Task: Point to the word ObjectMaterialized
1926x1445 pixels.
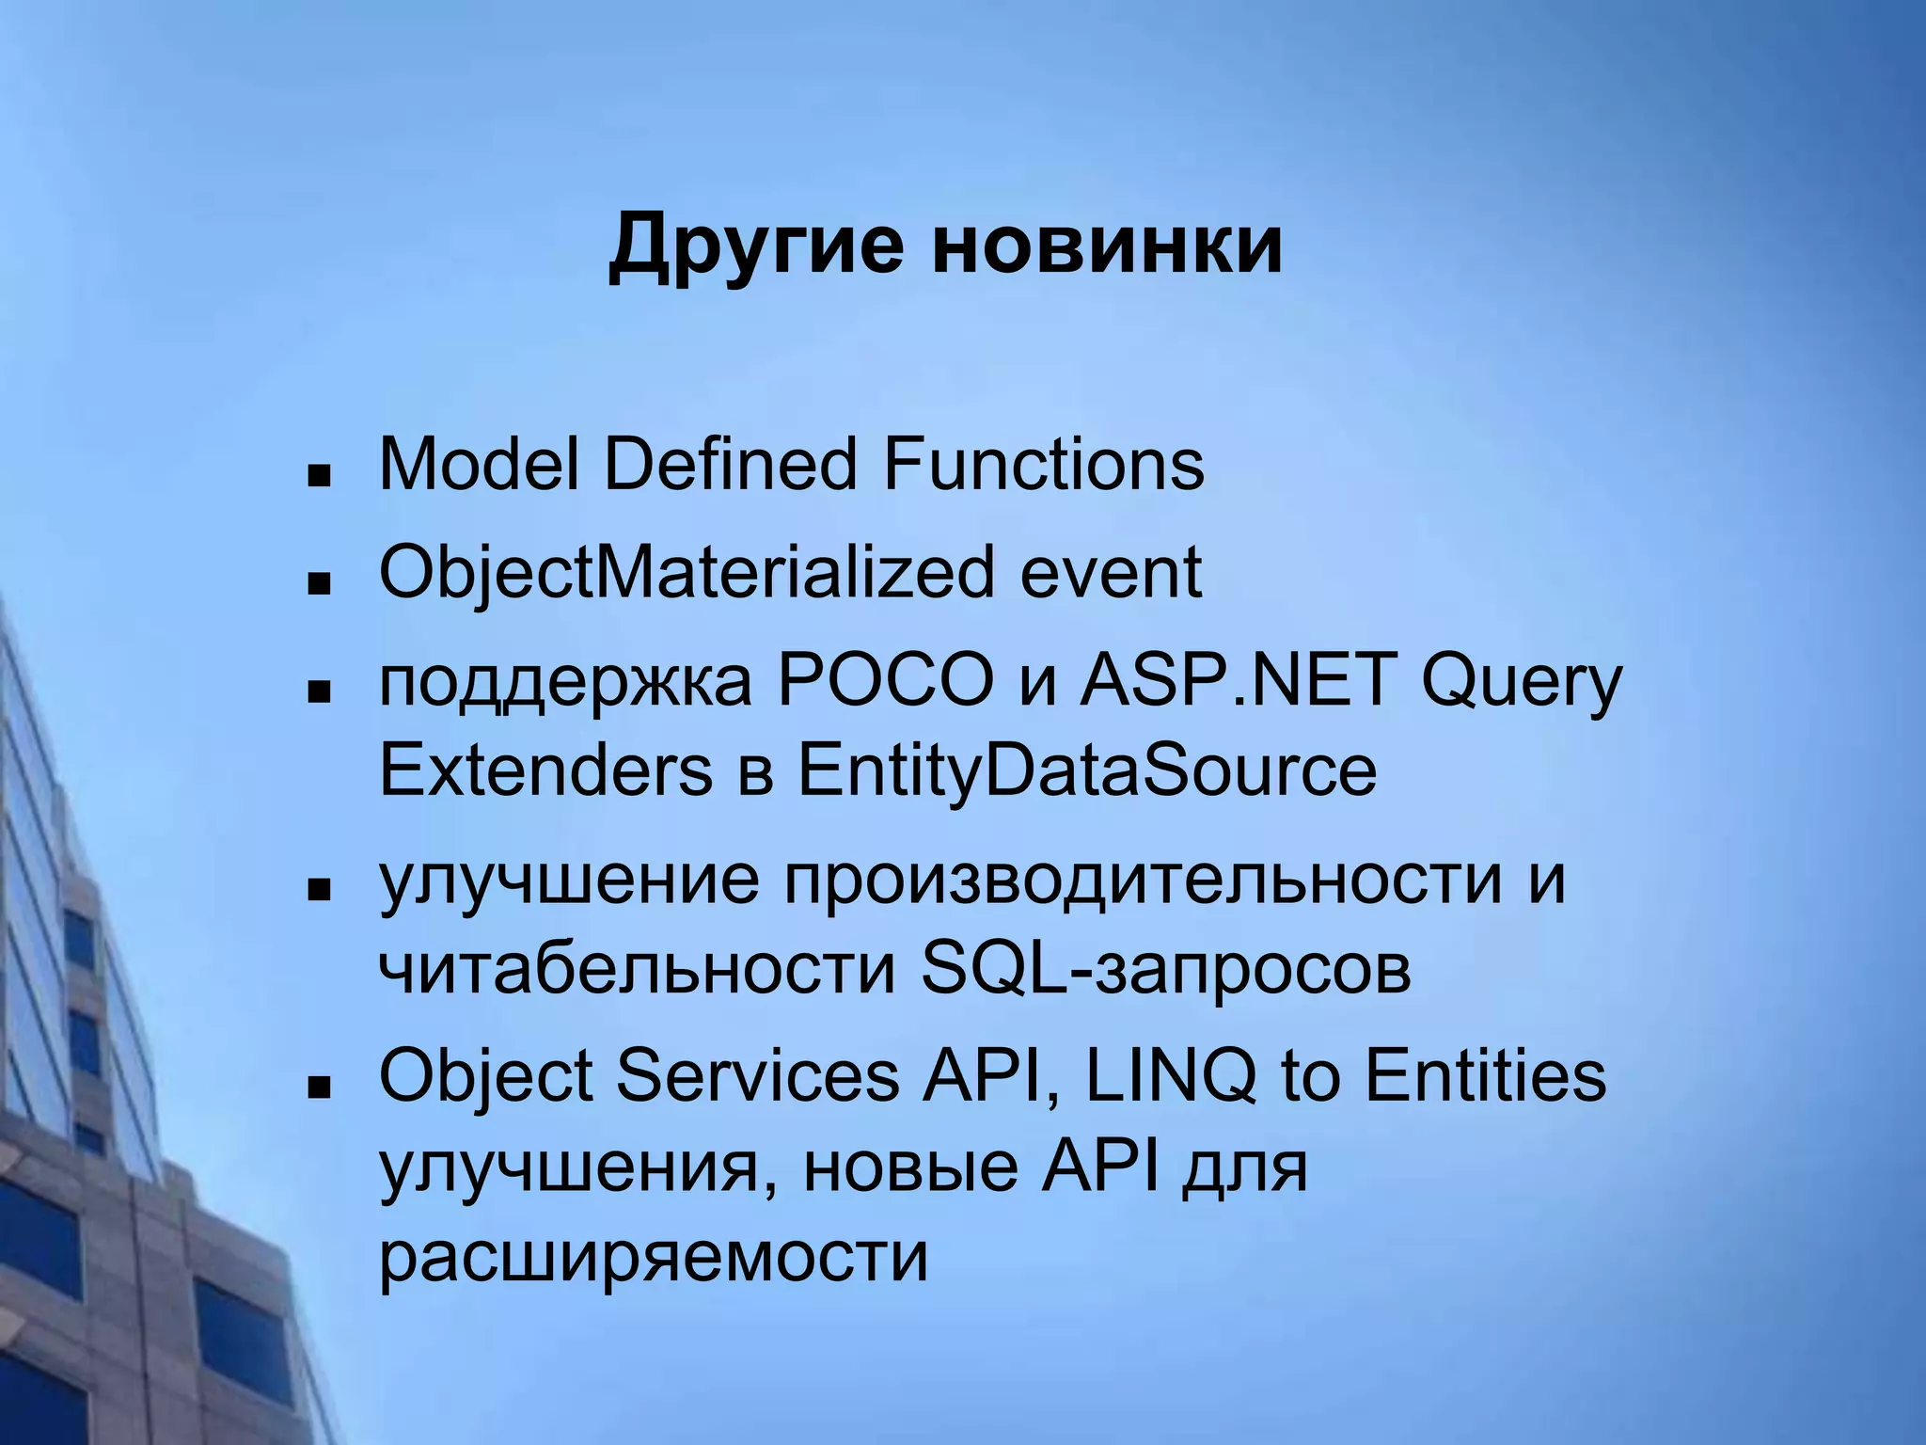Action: coord(686,573)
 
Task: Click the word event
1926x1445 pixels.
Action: coord(1111,573)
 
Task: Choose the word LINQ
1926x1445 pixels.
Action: coord(1170,1076)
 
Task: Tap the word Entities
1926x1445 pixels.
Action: coord(1485,1076)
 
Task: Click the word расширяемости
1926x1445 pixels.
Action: coord(654,1257)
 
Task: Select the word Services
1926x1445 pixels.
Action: coord(757,1076)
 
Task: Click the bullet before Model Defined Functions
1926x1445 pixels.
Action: coord(320,474)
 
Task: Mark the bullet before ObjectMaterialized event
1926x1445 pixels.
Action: coord(320,583)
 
